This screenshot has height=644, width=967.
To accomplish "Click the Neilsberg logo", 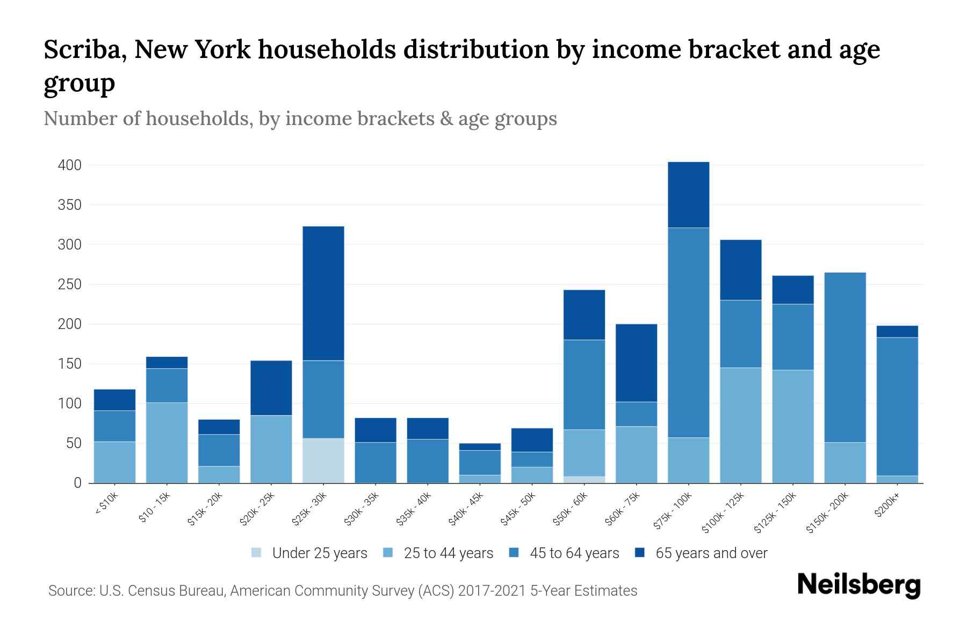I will click(x=858, y=585).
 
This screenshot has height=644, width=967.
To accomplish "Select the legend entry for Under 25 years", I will click(x=309, y=553).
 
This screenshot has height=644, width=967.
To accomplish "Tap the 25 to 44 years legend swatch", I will click(x=388, y=553).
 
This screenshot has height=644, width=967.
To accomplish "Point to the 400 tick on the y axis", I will click(x=69, y=165).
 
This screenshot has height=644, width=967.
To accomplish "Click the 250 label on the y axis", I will click(x=69, y=284).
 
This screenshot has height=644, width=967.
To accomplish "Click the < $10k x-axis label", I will click(x=106, y=504).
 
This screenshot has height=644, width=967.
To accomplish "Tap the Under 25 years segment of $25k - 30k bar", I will click(x=323, y=460).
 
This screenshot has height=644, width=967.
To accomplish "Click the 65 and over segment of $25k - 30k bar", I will click(x=323, y=293).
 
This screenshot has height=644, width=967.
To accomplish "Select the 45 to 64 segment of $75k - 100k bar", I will click(x=688, y=333).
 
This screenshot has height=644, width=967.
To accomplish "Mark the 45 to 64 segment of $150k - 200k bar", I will click(x=845, y=357).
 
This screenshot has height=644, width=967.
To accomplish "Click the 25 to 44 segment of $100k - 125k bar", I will click(x=740, y=425).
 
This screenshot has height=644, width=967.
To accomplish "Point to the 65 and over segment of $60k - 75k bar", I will click(x=636, y=363).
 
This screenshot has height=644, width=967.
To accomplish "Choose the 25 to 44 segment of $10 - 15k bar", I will click(x=167, y=443).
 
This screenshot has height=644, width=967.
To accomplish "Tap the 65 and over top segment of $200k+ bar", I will click(x=897, y=332).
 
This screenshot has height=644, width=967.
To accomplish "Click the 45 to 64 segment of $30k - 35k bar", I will click(x=376, y=463).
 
